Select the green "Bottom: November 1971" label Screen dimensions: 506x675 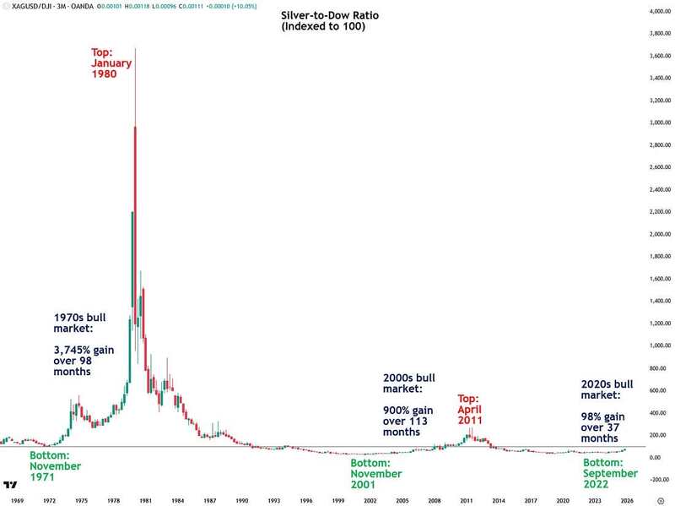[55, 466]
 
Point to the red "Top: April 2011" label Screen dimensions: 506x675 [471, 410]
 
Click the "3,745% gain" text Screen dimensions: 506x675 [84, 350]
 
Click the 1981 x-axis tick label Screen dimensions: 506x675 [145, 500]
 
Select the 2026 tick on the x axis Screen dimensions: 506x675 [625, 500]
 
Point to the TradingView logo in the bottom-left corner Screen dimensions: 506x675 [11, 485]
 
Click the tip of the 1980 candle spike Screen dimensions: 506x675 [135, 48]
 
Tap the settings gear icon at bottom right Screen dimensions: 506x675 [660, 500]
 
